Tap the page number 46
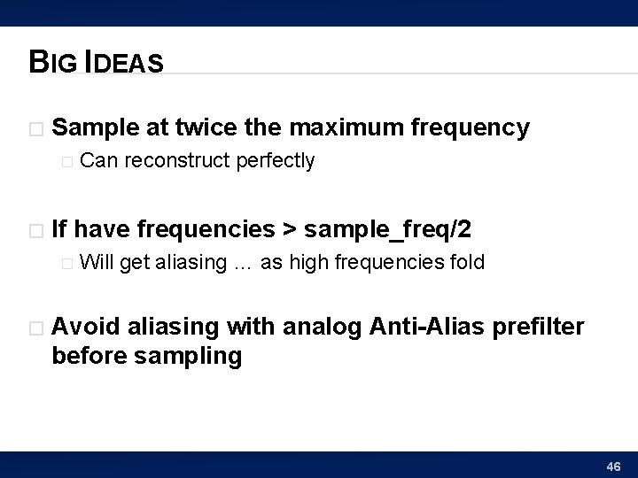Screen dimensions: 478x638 [613, 466]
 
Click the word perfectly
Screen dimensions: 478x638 [276, 161]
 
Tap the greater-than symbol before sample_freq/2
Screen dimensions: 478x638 [290, 230]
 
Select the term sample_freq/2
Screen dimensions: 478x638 [388, 230]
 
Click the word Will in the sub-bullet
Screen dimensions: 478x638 [96, 262]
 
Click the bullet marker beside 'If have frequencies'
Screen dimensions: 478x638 [35, 230]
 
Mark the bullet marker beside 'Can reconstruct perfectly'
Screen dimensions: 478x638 [65, 161]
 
